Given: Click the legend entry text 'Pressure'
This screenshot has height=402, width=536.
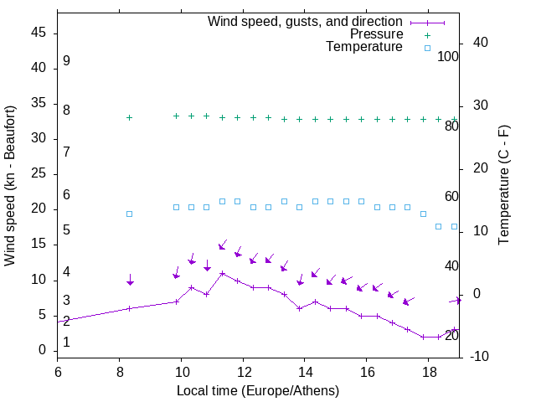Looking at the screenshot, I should coord(378,34).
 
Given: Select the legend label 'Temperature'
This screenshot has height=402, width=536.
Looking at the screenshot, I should coord(364,47).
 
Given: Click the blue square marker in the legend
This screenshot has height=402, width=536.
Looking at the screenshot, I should coord(427,48).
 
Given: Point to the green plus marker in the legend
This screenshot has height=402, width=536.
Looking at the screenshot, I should coord(427,34).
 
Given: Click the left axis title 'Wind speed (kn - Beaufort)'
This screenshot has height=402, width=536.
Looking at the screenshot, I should coord(10,185).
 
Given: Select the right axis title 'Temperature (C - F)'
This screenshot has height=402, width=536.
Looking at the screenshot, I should coord(503,185).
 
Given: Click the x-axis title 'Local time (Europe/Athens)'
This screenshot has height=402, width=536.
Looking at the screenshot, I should coord(258,391).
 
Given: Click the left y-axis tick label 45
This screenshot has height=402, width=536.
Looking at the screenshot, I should coord(38,33).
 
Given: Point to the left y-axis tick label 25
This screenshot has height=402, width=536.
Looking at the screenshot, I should coord(38,174).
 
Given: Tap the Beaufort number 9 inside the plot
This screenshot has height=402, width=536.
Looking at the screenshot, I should coord(66,61).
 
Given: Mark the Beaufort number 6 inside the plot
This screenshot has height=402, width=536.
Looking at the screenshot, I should coord(66,195).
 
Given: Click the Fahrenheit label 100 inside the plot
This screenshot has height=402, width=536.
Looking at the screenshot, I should coord(448,57).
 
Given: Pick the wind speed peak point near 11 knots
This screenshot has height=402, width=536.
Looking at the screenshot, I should coord(222,273).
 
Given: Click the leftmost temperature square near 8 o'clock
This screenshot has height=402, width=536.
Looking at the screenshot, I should coord(129,214).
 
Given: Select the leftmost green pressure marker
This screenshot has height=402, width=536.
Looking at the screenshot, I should coord(129,117).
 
